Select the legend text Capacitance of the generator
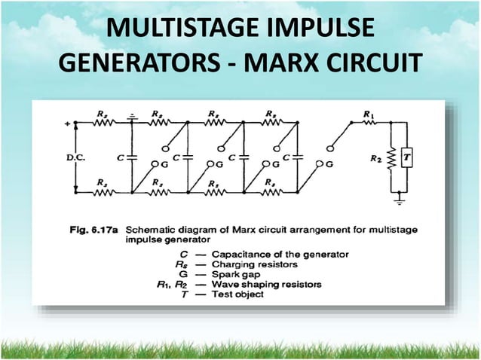click(280, 255)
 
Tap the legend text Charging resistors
click(256, 264)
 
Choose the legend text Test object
click(238, 294)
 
